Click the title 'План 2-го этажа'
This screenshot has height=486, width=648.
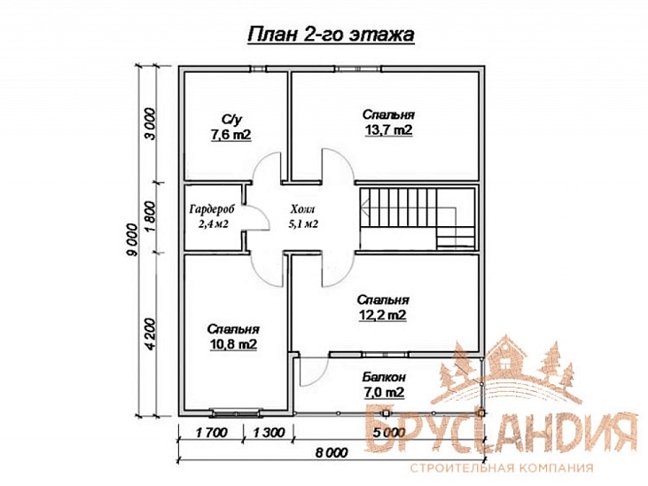pyautogui.click(x=331, y=35)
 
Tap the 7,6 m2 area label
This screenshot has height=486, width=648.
pyautogui.click(x=231, y=135)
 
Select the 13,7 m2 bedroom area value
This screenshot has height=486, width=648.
pyautogui.click(x=388, y=130)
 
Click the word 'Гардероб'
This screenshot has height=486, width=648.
pyautogui.click(x=212, y=209)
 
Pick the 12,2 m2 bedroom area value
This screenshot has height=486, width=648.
pyautogui.click(x=382, y=315)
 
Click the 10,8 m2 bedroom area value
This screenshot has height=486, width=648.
pyautogui.click(x=232, y=344)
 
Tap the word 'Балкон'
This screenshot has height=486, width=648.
pyautogui.click(x=384, y=377)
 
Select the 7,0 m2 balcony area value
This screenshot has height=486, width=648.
pyautogui.click(x=384, y=392)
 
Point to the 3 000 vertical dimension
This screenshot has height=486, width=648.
pyautogui.click(x=152, y=123)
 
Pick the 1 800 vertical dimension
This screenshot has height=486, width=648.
pyautogui.click(x=152, y=217)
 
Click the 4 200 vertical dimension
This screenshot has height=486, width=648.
pyautogui.click(x=152, y=334)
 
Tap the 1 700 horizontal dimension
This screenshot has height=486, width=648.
pyautogui.click(x=211, y=433)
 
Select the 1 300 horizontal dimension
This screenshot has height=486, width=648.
pyautogui.click(x=269, y=433)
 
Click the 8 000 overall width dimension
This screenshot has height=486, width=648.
pyautogui.click(x=331, y=452)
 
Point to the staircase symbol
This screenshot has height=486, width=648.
pyautogui.click(x=417, y=218)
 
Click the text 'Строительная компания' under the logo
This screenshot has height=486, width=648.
pyautogui.click(x=502, y=468)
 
